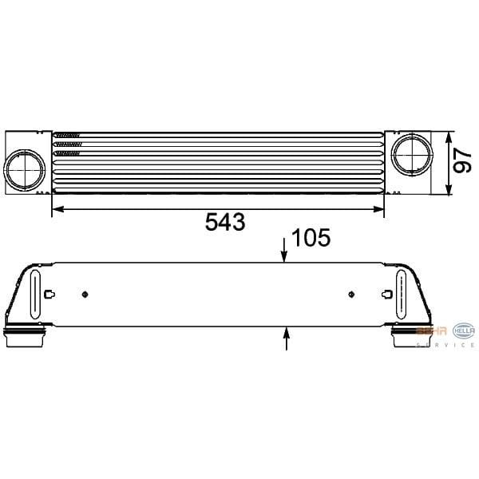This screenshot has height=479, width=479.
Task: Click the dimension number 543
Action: click(x=224, y=223)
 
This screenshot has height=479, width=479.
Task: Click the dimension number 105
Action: click(x=311, y=239)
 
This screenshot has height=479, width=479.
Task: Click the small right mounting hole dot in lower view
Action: click(x=351, y=294)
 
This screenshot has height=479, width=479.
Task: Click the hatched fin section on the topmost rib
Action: click(x=68, y=134)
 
